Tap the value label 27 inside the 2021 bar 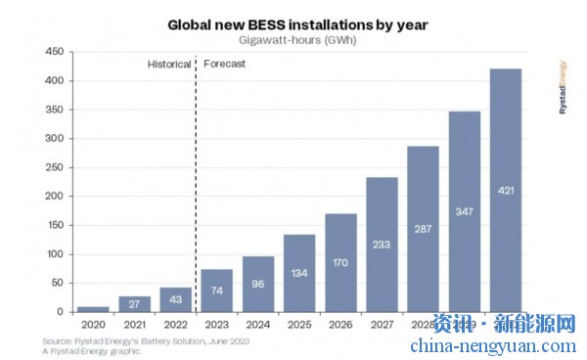point(135,303)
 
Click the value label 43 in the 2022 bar point(176,298)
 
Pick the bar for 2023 point(217,291)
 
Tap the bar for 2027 point(382,245)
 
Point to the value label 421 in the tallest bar point(505,189)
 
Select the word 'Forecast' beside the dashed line point(224,64)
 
